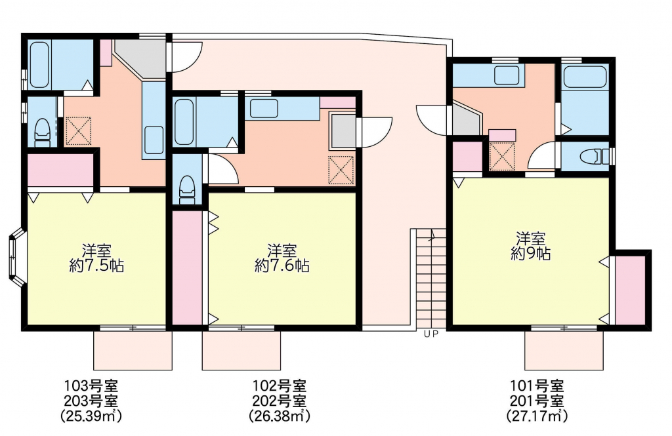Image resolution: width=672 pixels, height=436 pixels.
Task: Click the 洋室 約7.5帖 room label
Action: (97, 258)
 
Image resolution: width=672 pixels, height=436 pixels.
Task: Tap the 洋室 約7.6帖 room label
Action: (282, 258)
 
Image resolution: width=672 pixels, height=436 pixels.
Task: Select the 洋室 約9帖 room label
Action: (530, 246)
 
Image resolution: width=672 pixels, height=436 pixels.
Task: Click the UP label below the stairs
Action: (431, 334)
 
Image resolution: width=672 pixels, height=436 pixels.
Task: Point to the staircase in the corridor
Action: (430, 279)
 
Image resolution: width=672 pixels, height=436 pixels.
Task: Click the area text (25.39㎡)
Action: (91, 415)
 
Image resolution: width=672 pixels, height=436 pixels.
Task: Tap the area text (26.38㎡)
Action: (280, 415)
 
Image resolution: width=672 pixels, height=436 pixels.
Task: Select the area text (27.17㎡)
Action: (537, 415)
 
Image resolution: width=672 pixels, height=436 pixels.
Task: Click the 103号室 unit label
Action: (91, 386)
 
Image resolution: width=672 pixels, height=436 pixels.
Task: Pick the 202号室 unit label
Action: (280, 401)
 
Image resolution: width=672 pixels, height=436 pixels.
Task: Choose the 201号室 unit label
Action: (537, 401)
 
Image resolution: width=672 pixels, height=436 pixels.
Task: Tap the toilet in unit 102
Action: (187, 189)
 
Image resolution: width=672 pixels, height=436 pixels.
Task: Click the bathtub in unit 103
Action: (39, 64)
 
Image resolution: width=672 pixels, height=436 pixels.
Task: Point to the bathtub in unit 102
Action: (184, 122)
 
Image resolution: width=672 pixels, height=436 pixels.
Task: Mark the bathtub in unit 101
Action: (585, 77)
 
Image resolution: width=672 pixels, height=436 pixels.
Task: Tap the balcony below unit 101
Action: (564, 350)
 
